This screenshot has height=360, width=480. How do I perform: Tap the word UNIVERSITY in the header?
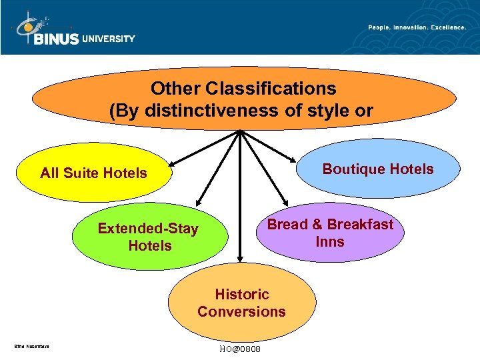coord(109,39)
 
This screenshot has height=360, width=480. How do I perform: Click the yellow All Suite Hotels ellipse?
coord(93,173)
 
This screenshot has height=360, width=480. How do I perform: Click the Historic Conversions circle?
coord(241,303)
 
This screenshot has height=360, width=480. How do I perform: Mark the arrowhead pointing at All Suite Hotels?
coord(172,163)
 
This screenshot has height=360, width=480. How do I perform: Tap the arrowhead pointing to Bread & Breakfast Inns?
coord(285,203)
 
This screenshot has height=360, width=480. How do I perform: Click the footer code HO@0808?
coord(240,350)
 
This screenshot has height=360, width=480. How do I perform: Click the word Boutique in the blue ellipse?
coord(351,169)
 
